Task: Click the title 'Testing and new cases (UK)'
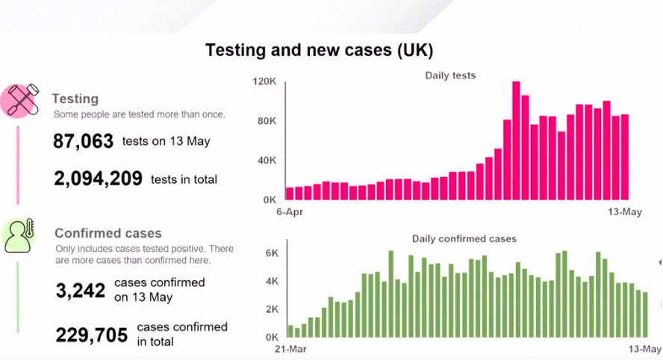(x=319, y=52)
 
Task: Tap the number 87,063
(x=83, y=141)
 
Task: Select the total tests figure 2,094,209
(x=98, y=179)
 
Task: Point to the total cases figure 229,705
(x=91, y=335)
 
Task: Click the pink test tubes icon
(x=22, y=100)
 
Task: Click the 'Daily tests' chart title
(x=450, y=75)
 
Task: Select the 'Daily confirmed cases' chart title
(x=464, y=239)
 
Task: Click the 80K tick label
(x=267, y=121)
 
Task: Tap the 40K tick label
(x=267, y=161)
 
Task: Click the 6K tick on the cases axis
(x=272, y=253)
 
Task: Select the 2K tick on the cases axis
(x=272, y=309)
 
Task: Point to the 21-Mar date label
(x=290, y=349)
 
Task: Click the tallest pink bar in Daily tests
(x=516, y=140)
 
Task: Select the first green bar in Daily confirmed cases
(x=290, y=331)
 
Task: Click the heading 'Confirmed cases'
(x=108, y=233)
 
